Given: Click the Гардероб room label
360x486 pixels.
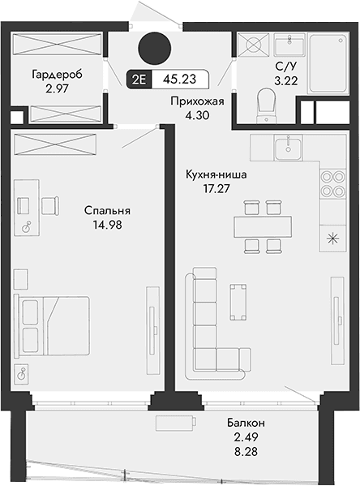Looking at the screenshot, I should pos(57,75).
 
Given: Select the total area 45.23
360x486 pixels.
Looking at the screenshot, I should pos(178,80).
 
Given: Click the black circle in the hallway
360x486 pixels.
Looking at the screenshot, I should pos(153,47).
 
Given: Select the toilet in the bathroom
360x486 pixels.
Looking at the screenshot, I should pos(266,103).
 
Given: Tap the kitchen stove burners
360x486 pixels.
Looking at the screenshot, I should pos(332,184).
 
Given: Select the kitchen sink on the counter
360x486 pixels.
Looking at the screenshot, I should pos(285,148).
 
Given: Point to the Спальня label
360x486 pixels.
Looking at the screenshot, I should pos(107,211).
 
